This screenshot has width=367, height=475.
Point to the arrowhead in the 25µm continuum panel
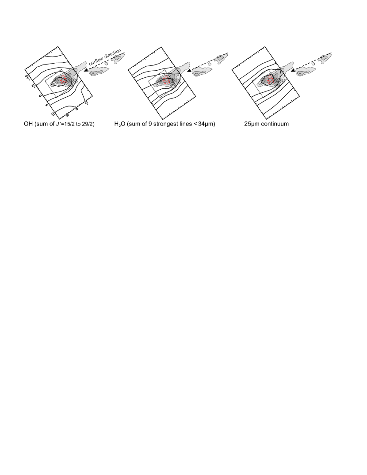coord(293,70)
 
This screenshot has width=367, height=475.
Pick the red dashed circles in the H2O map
coord(168,81)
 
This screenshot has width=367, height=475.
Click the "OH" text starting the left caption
coord(28,125)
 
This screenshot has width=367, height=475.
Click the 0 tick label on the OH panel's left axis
coord(40,95)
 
